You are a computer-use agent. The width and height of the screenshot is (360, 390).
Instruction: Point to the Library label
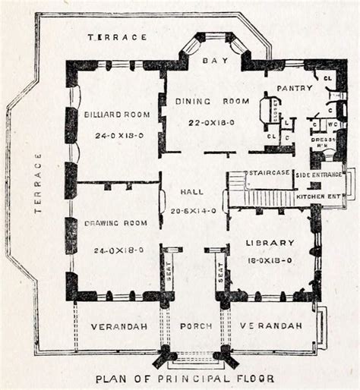click(x=269, y=243)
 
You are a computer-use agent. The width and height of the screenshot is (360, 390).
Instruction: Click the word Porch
click(x=194, y=326)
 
